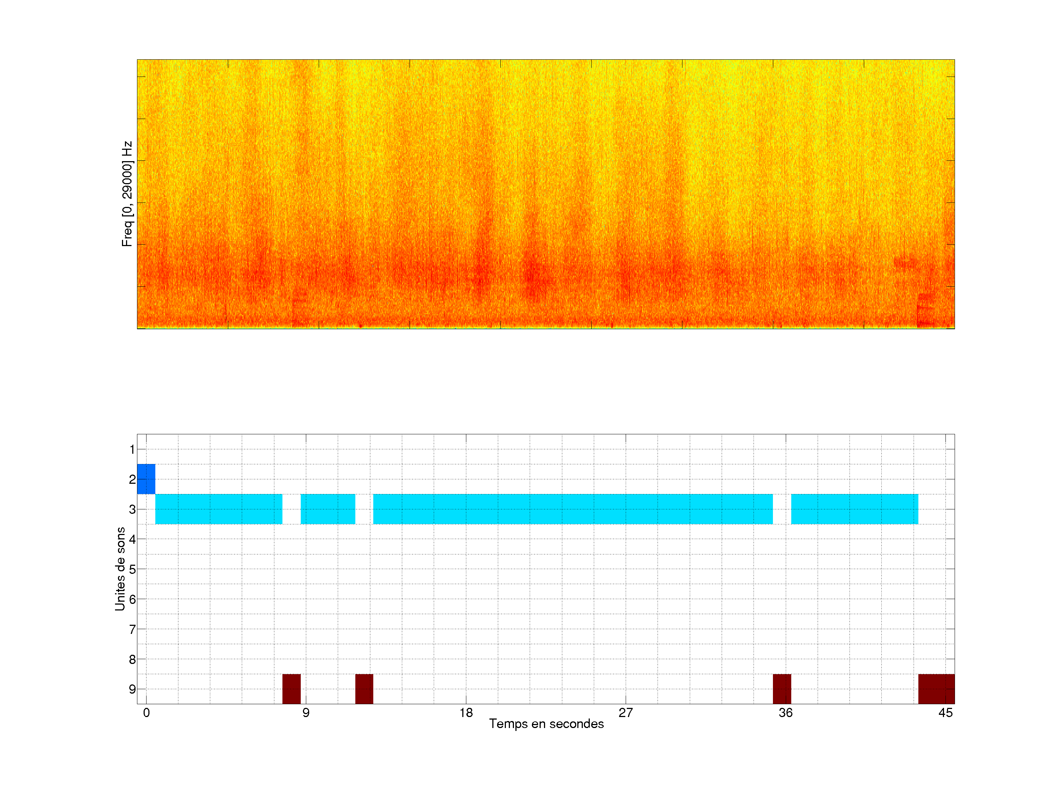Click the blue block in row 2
point(146,479)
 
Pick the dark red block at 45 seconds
point(936,688)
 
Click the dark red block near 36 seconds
point(782,688)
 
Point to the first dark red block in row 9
point(292,688)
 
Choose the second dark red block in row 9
point(364,688)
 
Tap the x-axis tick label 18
point(466,713)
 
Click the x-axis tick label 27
point(626,713)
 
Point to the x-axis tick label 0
point(147,713)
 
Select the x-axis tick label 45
point(945,713)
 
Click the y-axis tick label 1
point(132,449)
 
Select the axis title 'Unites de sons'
point(120,568)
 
